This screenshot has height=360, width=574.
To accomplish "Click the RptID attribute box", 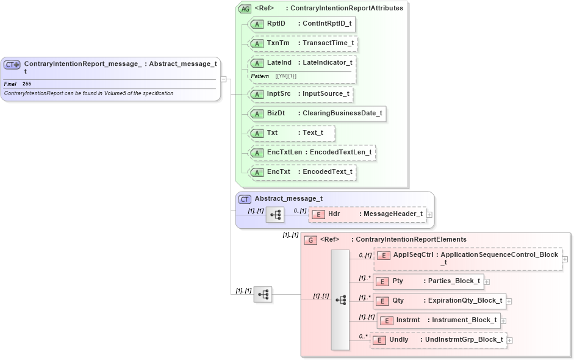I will (303, 24).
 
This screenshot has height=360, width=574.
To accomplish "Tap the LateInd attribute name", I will (279, 63).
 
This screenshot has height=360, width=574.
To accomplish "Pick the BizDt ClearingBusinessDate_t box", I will (317, 113).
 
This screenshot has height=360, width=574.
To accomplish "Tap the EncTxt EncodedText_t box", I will (303, 172).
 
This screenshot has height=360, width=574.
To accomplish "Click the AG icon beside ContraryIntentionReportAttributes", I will (245, 9).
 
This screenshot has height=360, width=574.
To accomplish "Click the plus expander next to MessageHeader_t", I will (429, 214).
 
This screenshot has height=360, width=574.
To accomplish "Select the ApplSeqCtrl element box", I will (467, 258).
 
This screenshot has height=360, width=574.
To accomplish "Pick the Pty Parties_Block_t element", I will (428, 281).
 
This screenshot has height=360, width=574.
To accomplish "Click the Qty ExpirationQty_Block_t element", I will (439, 301).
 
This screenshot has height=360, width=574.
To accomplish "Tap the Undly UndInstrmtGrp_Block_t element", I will (439, 340).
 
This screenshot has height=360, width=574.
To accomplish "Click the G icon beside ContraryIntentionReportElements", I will (310, 240).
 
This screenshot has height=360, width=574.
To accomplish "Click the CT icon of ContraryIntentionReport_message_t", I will (12, 64).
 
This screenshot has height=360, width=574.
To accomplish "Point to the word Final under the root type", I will (10, 84).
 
